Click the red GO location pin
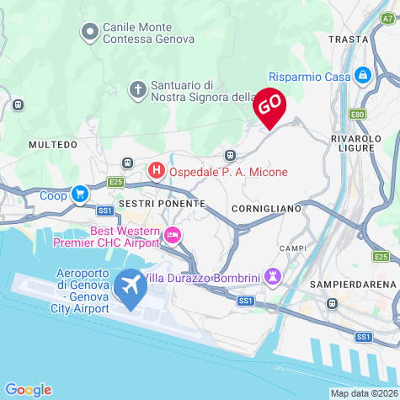[x=269, y=105]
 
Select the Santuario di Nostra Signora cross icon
[x=138, y=88]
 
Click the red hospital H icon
[x=156, y=171]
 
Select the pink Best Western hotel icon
[x=172, y=234]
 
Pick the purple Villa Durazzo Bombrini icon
[x=273, y=276]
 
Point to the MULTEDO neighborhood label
[x=53, y=145]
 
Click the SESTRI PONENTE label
[x=162, y=204]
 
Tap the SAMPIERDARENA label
[x=352, y=285]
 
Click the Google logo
[x=29, y=389]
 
